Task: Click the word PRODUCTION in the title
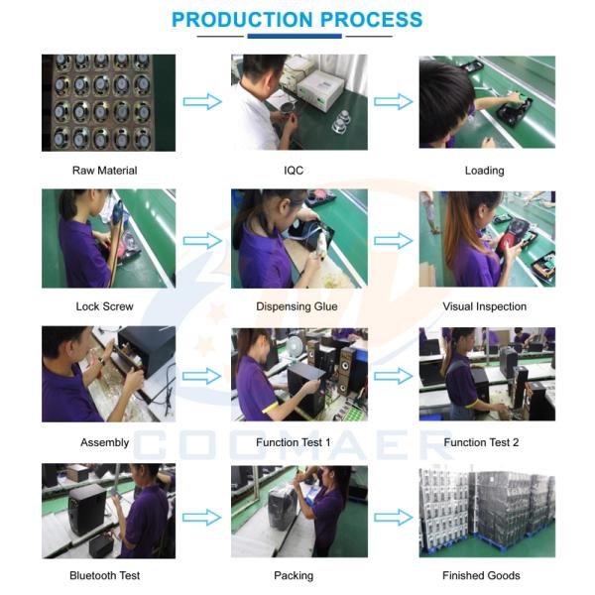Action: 242,20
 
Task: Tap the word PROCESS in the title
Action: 371,20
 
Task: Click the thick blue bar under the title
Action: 295,36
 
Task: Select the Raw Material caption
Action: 105,171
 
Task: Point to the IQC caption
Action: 294,171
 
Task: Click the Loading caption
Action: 485,171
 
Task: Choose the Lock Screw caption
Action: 104,306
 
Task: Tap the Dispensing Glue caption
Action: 297,306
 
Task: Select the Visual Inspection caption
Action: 485,306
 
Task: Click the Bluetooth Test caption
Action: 105,575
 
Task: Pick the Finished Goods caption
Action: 481,575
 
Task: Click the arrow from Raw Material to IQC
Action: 202,102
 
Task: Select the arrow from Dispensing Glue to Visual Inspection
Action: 394,241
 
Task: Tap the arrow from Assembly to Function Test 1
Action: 202,376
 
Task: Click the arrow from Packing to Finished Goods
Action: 394,518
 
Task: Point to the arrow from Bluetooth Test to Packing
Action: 202,518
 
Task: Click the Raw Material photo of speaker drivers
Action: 108,103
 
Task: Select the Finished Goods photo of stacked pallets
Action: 487,513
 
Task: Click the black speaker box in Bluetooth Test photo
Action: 87,510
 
